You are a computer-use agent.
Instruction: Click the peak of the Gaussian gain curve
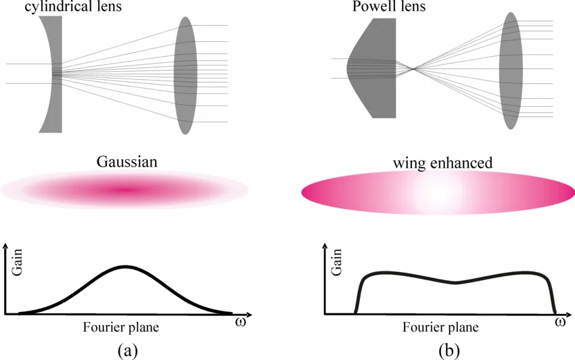pyautogui.click(x=124, y=267)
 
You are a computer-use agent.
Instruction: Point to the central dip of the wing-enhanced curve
pyautogui.click(x=455, y=283)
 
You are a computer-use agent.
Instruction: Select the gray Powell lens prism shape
pyautogui.click(x=376, y=68)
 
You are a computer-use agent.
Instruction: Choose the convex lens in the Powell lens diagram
pyautogui.click(x=511, y=70)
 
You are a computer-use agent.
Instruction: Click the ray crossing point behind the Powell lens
pyautogui.click(x=413, y=68)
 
